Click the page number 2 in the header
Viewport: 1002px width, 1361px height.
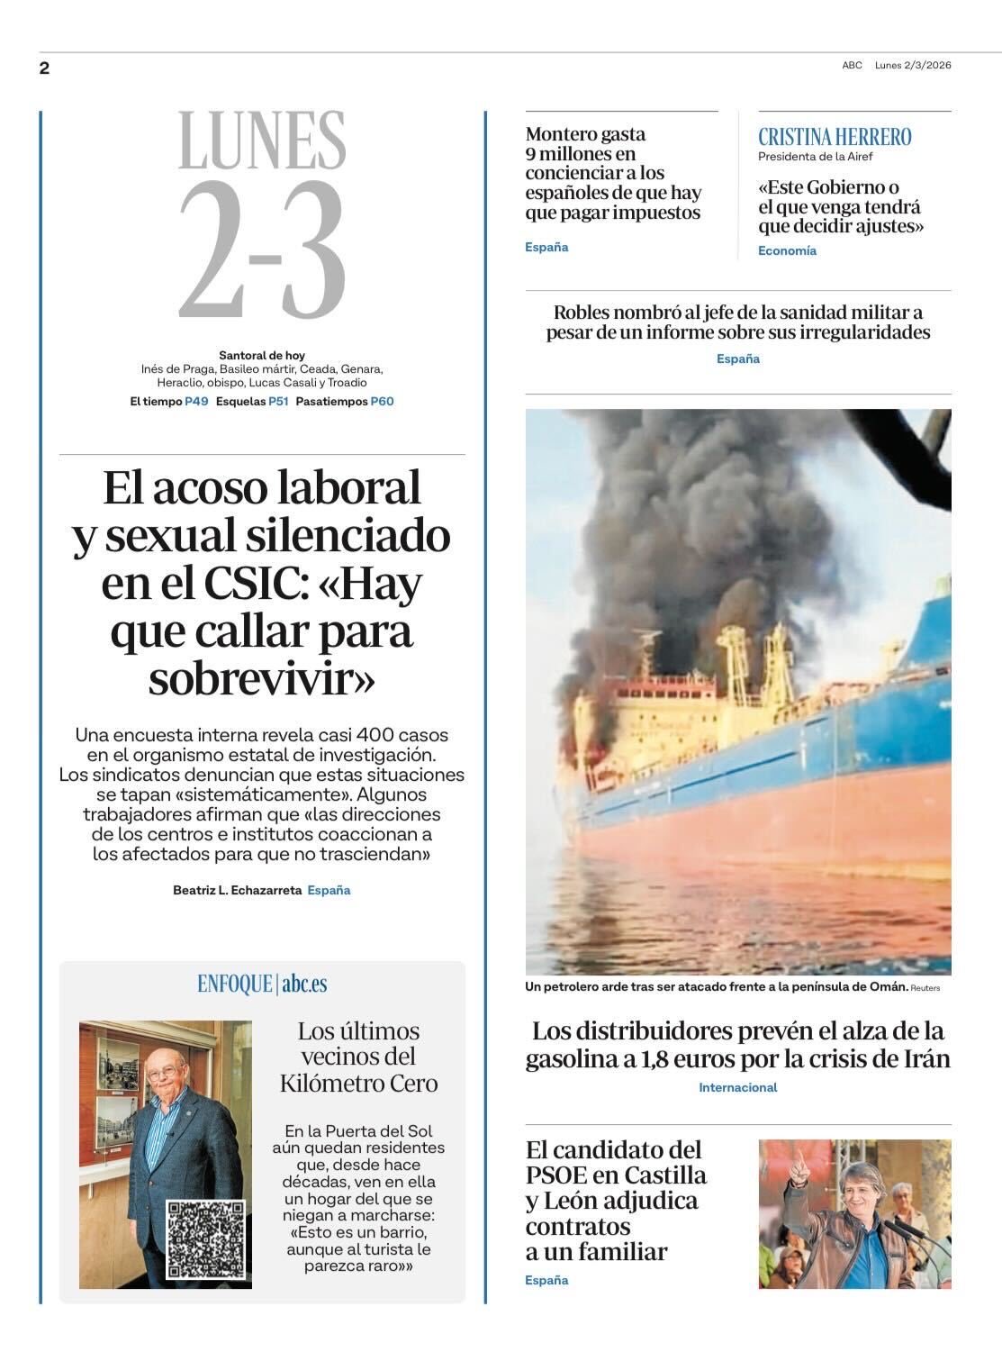click(x=44, y=68)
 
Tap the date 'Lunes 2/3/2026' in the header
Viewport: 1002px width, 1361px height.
click(x=912, y=65)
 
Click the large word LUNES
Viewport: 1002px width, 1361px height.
click(x=262, y=141)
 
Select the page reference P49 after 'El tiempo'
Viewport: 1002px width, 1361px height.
click(x=196, y=402)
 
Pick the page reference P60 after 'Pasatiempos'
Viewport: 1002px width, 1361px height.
click(x=382, y=402)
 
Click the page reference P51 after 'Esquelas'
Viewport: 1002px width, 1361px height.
click(x=278, y=402)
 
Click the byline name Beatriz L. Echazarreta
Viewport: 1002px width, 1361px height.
click(x=237, y=890)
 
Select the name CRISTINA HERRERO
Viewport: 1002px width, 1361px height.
click(x=835, y=137)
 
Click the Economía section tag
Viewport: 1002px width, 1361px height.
click(x=787, y=250)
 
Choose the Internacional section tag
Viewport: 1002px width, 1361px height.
click(x=737, y=1087)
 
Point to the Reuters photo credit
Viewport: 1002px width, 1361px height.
click(x=925, y=988)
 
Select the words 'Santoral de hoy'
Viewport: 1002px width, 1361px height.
click(x=262, y=356)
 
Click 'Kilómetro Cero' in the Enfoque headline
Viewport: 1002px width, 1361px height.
click(x=358, y=1083)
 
